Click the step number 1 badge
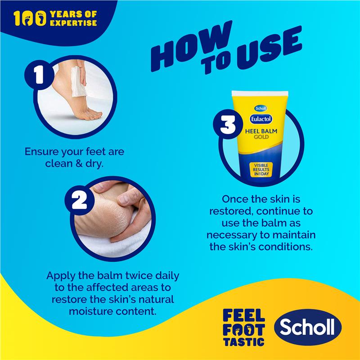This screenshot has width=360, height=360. (39, 75)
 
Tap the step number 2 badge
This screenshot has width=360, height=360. (80, 200)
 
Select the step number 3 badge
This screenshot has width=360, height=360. (228, 124)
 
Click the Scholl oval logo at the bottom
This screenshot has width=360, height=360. (308, 327)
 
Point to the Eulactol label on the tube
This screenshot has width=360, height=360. (261, 119)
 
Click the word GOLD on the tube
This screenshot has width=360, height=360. (261, 137)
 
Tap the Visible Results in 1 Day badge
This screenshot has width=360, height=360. (261, 170)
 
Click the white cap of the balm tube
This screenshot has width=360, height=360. (260, 93)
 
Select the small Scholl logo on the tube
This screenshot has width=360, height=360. (261, 108)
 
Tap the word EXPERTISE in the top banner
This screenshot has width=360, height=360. (73, 23)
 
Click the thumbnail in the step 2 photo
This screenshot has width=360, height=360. (124, 199)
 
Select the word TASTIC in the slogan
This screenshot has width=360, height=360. (244, 342)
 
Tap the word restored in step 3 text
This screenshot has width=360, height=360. (231, 211)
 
